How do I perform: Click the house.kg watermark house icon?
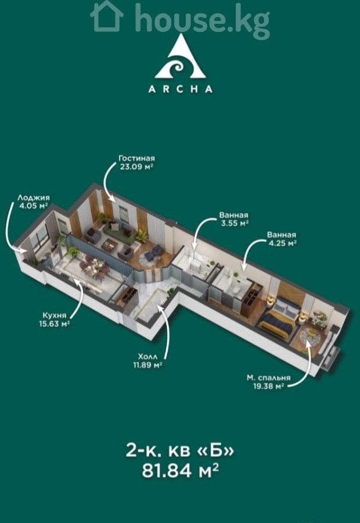[107, 17]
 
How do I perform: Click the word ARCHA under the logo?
[181, 89]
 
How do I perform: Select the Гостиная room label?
[136, 158]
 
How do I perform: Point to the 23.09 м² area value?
[136, 166]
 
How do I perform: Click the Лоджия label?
[34, 198]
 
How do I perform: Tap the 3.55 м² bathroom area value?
[235, 223]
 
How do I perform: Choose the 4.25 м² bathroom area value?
[282, 243]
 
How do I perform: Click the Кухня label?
[55, 315]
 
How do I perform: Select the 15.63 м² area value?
[55, 324]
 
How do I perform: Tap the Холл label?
[147, 357]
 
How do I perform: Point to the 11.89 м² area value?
[147, 365]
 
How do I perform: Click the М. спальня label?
[268, 378]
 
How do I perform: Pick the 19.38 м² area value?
[268, 386]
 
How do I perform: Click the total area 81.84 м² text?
[181, 471]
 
